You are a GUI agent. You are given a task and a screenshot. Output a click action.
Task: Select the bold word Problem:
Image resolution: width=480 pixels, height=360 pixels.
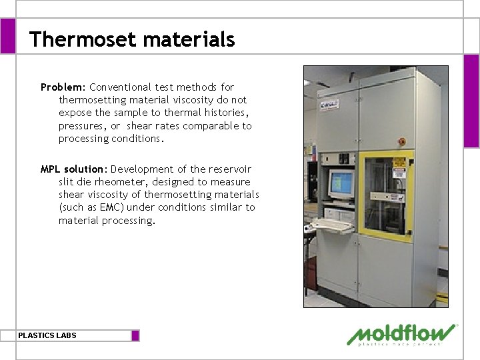coord(63,87)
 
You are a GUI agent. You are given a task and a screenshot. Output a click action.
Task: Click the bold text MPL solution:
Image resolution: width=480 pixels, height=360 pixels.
coord(74,169)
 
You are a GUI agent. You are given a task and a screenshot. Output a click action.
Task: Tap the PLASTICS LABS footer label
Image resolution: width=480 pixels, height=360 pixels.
coord(47,335)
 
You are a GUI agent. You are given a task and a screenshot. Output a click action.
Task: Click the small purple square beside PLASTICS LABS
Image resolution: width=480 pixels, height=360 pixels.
coord(135,335)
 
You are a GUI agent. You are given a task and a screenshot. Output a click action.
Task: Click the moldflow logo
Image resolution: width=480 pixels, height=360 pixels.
coord(401,335)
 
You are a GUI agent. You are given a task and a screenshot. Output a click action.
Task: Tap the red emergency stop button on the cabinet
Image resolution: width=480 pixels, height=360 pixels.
coord(402,142)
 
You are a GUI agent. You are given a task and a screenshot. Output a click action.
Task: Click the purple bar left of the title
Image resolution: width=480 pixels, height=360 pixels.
coord(7,35)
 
